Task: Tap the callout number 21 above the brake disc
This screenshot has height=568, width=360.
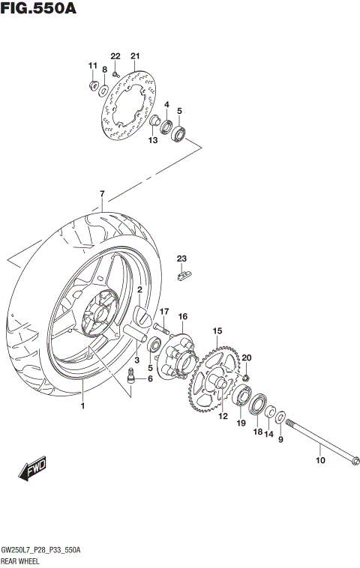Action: tap(135, 56)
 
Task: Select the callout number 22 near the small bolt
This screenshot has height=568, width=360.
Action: tap(115, 56)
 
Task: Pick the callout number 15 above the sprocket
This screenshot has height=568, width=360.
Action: tap(217, 330)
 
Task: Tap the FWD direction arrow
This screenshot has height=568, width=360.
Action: tap(33, 471)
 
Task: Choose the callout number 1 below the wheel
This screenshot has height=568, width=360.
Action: tap(82, 406)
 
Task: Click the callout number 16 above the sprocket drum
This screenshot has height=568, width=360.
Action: tap(182, 316)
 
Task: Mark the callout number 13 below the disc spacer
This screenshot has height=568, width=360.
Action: tap(153, 140)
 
